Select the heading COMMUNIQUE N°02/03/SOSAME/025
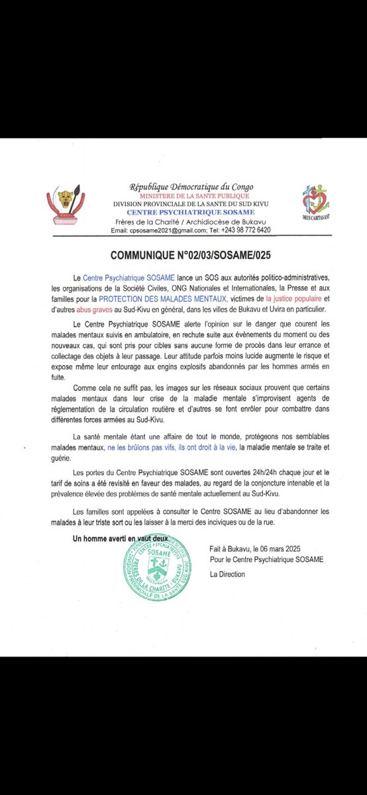[x=183, y=255]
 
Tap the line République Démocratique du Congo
[x=191, y=187]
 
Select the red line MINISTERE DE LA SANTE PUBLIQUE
[x=191, y=195]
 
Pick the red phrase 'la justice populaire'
[x=296, y=302]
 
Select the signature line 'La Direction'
[x=227, y=574]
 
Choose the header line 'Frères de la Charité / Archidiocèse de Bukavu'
[x=191, y=221]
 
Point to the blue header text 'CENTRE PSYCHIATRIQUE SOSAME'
[x=191, y=212]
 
